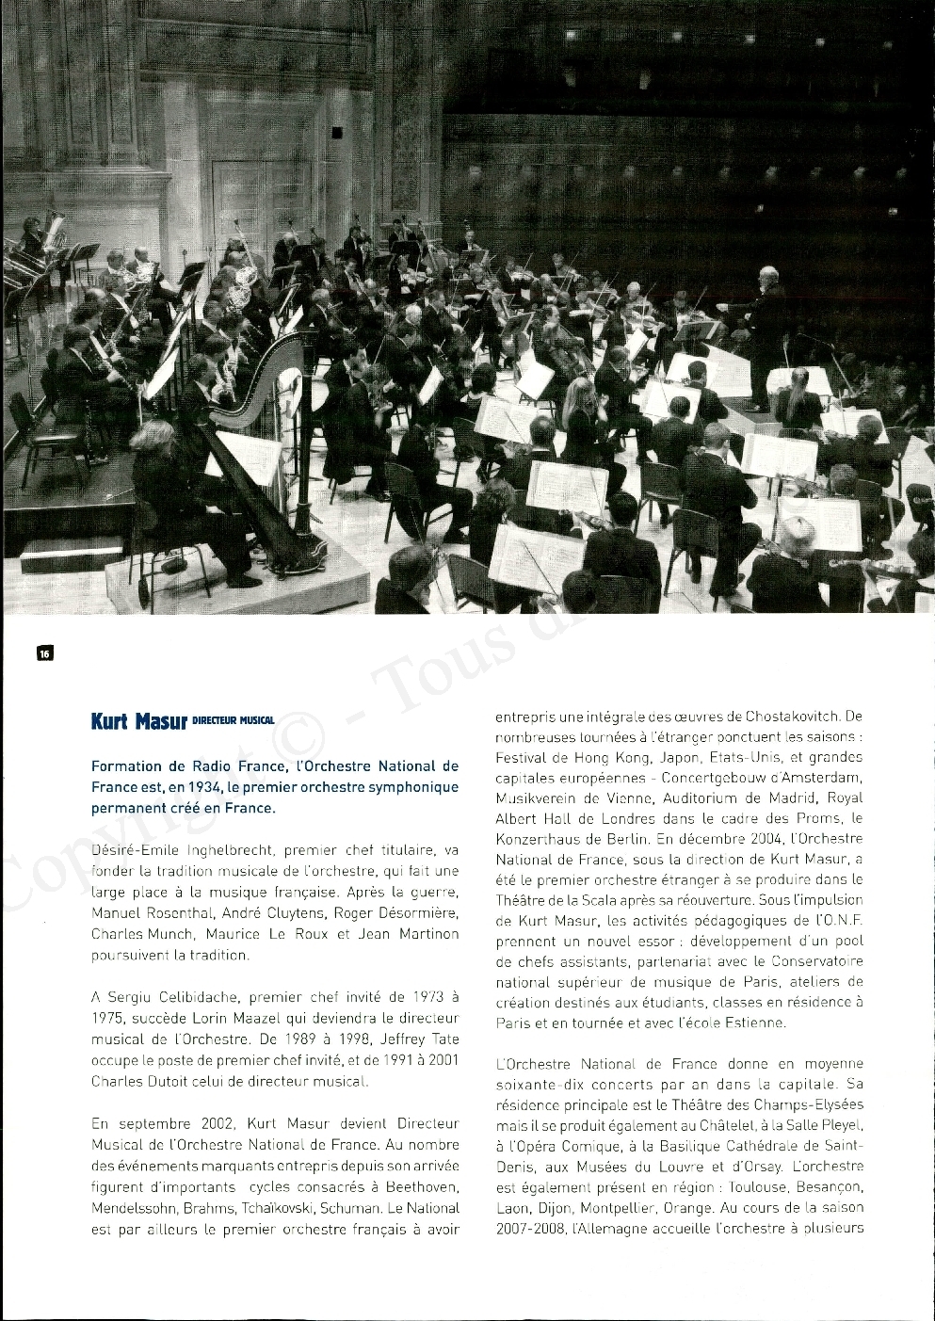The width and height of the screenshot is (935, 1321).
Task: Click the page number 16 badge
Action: [43, 652]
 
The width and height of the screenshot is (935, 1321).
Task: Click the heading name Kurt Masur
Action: [139, 722]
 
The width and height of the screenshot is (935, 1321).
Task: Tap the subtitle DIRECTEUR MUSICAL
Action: [233, 721]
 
